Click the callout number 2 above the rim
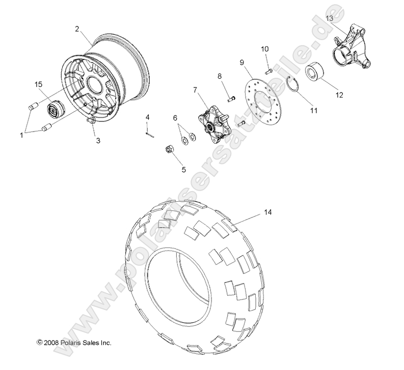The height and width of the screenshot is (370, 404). coord(77,29)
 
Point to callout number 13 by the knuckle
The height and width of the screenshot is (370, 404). coord(330,18)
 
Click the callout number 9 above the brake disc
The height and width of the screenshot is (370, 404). coord(243,63)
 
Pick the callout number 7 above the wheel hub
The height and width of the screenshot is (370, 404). coord(195,90)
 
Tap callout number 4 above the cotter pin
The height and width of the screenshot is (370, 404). coord(148,117)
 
